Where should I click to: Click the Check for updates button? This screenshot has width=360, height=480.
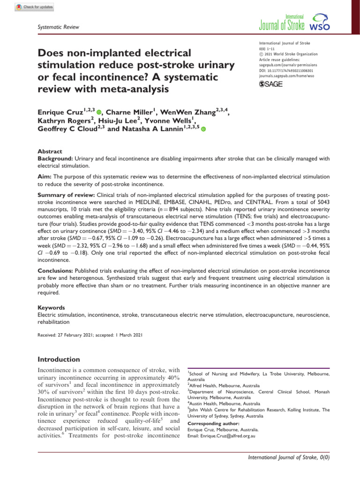click(35, 7)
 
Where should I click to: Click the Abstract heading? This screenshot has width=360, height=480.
click(48, 152)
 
